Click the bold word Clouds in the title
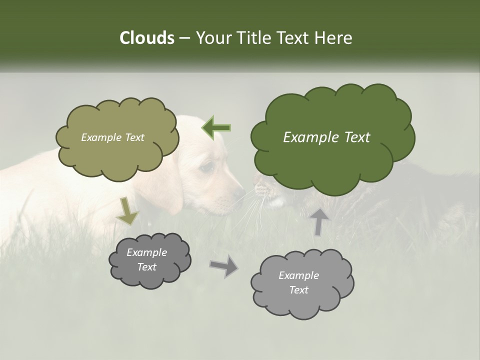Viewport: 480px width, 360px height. click(x=146, y=38)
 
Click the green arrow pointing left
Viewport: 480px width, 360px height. click(x=216, y=128)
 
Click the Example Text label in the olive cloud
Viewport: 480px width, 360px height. click(x=112, y=137)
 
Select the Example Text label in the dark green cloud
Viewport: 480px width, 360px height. click(x=326, y=137)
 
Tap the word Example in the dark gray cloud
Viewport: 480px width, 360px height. click(x=146, y=252)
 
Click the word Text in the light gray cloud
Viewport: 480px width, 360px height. click(x=298, y=290)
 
